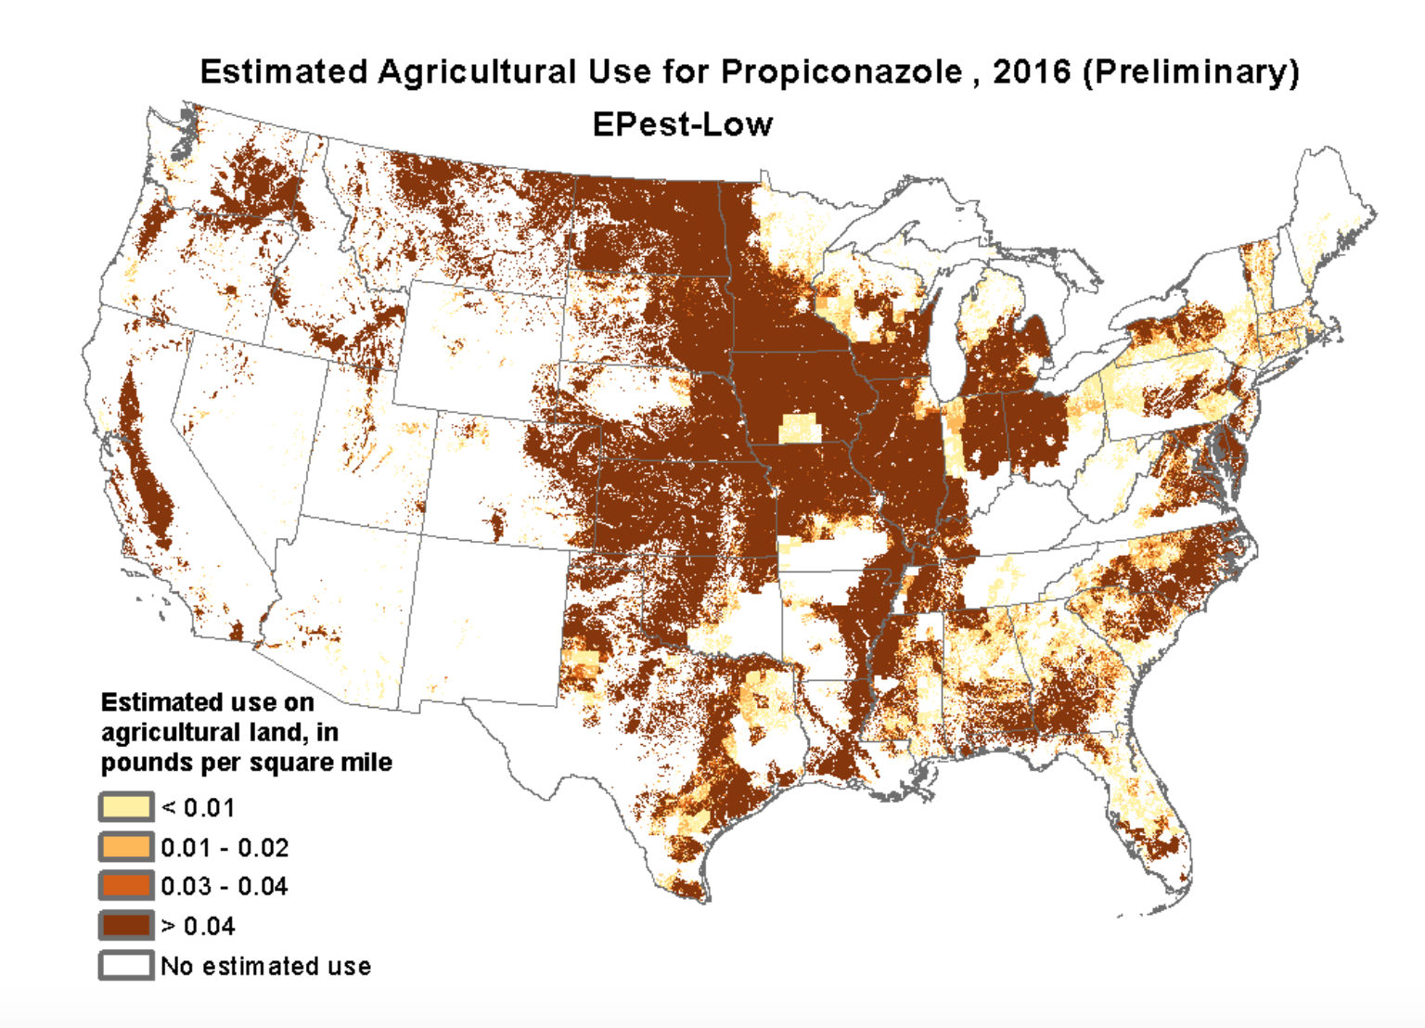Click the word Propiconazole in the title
pyautogui.click(x=841, y=72)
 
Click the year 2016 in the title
pyautogui.click(x=1031, y=72)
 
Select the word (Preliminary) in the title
pyautogui.click(x=1190, y=72)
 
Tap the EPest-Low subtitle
pyautogui.click(x=682, y=124)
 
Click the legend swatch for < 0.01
pyautogui.click(x=126, y=807)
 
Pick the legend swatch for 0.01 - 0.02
pyautogui.click(x=126, y=847)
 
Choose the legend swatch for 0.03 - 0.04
pyautogui.click(x=126, y=886)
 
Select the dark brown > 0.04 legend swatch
pyautogui.click(x=126, y=926)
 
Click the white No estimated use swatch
pyautogui.click(x=126, y=965)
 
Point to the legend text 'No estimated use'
pyautogui.click(x=265, y=966)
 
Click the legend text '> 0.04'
pyautogui.click(x=198, y=926)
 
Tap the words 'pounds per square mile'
pyautogui.click(x=246, y=763)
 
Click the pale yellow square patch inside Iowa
pyautogui.click(x=800, y=429)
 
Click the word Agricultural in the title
pyautogui.click(x=477, y=72)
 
